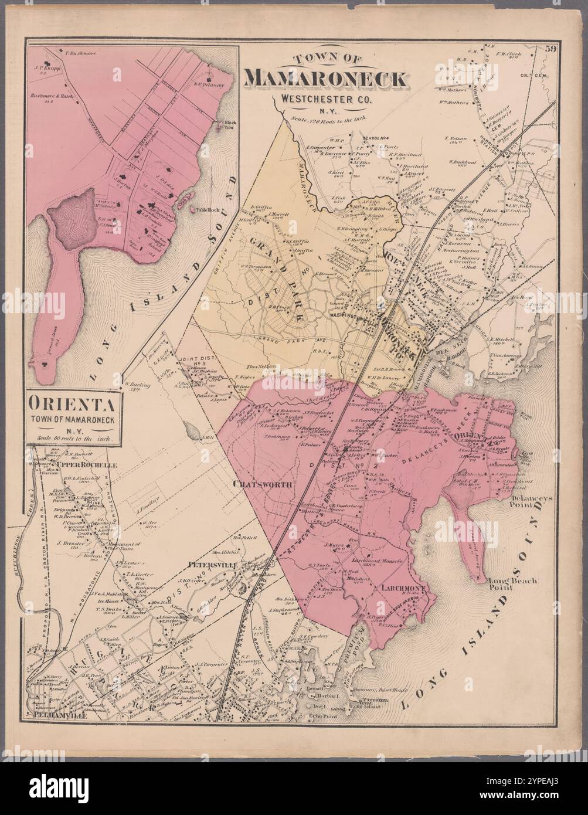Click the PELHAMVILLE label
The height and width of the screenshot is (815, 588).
(48, 716)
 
